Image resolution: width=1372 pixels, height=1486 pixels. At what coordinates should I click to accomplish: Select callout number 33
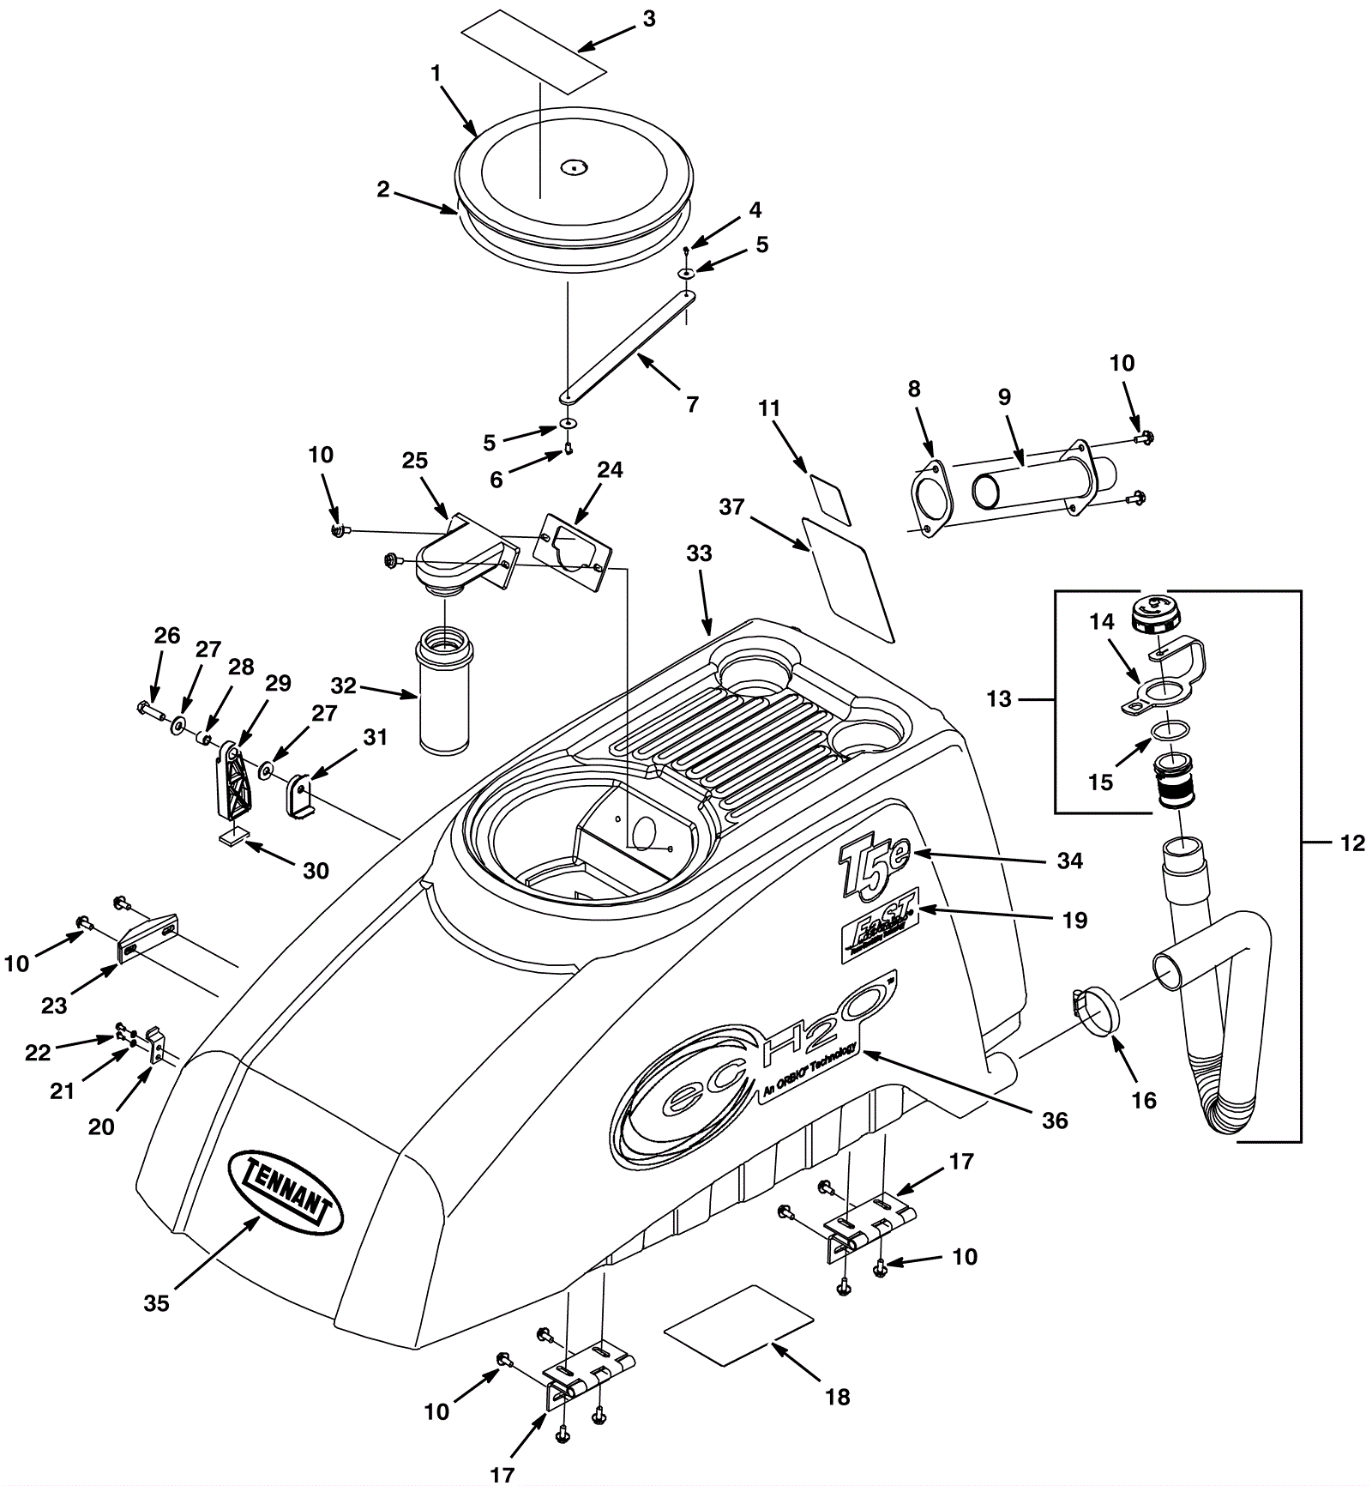pyautogui.click(x=699, y=554)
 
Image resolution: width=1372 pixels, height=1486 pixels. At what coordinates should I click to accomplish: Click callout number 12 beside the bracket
pyautogui.click(x=1351, y=844)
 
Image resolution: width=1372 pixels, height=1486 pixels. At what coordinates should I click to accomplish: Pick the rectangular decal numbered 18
pyautogui.click(x=738, y=1324)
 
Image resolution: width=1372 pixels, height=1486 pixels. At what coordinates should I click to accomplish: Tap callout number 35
pyautogui.click(x=156, y=1302)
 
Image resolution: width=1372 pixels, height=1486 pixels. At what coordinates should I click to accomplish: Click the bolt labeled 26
pyautogui.click(x=149, y=710)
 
